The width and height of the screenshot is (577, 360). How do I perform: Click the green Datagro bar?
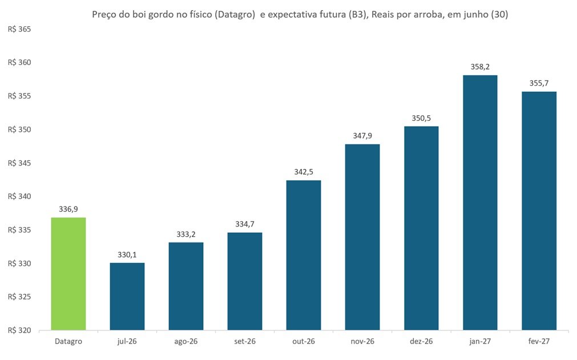[x=68, y=274]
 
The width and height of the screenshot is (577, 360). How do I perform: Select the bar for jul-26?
[x=127, y=296]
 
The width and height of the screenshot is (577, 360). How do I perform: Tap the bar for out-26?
[x=304, y=255]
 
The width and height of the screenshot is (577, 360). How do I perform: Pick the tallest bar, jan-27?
[x=480, y=203]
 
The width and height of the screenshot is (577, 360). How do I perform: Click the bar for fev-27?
[x=539, y=211]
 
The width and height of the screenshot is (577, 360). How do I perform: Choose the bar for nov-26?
[x=362, y=237]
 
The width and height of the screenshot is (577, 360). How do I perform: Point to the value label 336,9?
[x=68, y=209]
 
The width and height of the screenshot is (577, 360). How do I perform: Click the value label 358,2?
[x=480, y=67]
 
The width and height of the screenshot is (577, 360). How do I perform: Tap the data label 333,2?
[x=186, y=234]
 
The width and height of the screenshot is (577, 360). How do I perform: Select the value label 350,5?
[x=421, y=119]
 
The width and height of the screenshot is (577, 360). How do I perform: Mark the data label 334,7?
[x=245, y=224]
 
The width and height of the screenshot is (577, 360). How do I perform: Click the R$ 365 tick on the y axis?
[x=19, y=30]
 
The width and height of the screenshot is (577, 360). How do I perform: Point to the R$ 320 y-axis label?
[x=19, y=330]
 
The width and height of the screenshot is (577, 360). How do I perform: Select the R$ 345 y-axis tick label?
[x=19, y=163]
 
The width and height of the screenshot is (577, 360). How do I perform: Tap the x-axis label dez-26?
[x=421, y=341]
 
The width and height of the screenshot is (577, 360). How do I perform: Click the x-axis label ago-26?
[x=186, y=342]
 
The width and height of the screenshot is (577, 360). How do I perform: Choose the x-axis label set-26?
[x=245, y=341]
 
